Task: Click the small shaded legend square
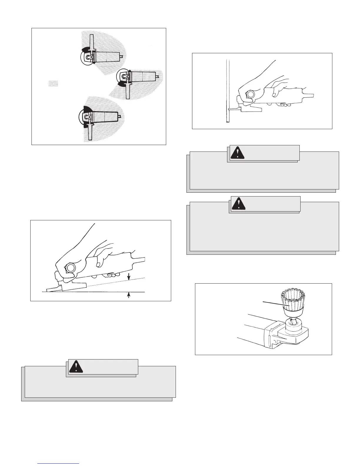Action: tap(53, 84)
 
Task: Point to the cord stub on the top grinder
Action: tap(122, 56)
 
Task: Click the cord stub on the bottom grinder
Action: tap(120, 116)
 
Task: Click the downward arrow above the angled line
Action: tap(128, 276)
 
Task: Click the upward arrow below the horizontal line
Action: tap(128, 295)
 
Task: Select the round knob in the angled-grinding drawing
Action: tap(71, 268)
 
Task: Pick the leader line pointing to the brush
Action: tap(274, 304)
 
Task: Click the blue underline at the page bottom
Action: tap(59, 464)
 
